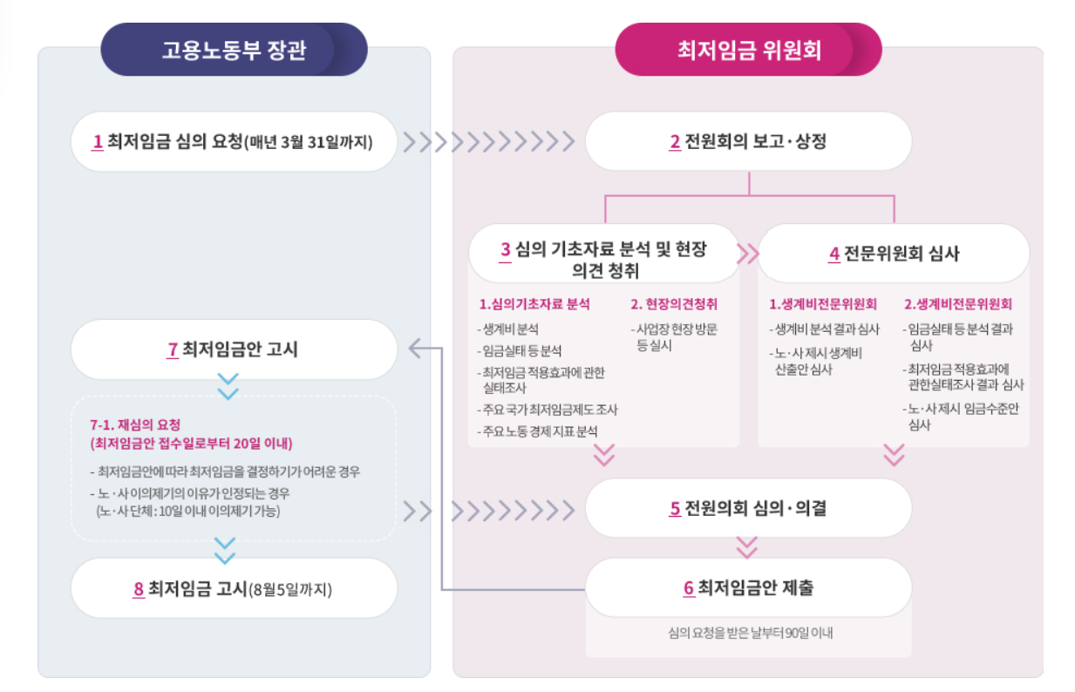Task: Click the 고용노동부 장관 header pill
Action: (x=234, y=50)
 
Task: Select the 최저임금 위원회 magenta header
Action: (x=748, y=50)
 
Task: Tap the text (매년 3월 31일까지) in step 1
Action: (x=308, y=141)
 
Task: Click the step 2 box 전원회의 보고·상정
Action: (x=748, y=141)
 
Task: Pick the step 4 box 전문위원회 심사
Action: (x=894, y=254)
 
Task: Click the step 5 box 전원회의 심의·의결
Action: (x=748, y=508)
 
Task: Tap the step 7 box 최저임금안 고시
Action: (x=233, y=349)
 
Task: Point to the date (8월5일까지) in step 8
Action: (x=289, y=590)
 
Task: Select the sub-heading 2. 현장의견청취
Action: (x=674, y=304)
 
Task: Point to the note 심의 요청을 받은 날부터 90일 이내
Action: (x=749, y=633)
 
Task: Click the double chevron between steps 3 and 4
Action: (x=748, y=254)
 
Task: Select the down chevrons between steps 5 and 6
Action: (x=747, y=546)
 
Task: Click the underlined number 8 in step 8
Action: (x=139, y=590)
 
